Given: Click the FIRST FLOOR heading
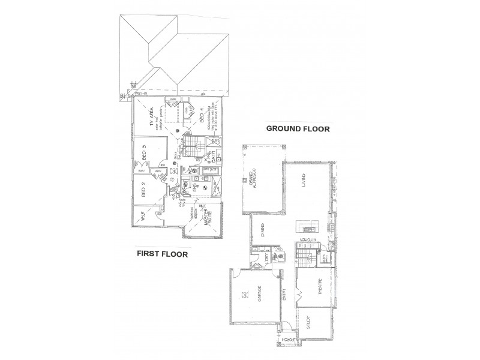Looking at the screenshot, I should coord(163,254).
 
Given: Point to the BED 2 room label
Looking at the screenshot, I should coord(144,190).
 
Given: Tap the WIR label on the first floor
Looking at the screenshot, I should coord(144,216).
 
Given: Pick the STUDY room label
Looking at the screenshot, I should coord(308,323).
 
